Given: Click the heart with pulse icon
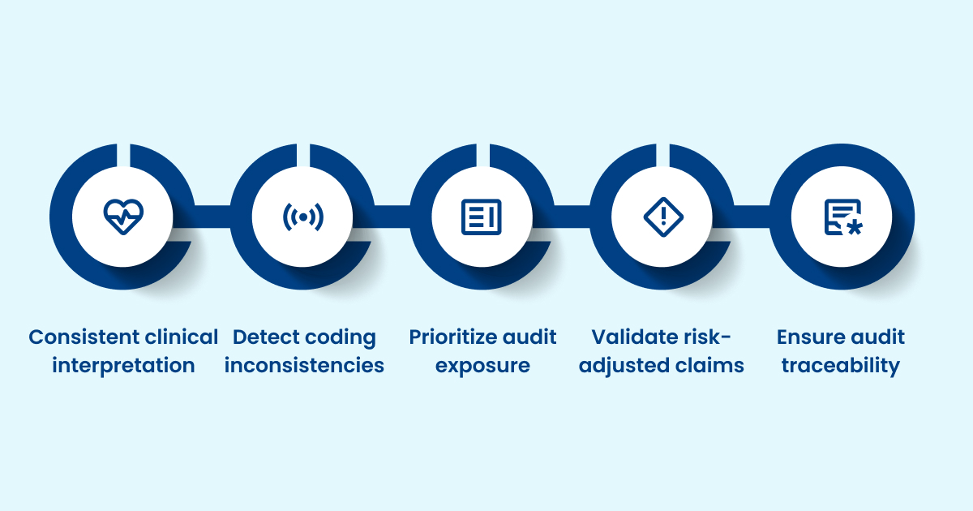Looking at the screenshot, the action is (x=122, y=217).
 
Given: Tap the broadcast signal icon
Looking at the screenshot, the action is (x=302, y=217).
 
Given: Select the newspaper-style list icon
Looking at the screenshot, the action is (x=482, y=217).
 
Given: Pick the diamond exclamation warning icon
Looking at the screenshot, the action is (x=662, y=217).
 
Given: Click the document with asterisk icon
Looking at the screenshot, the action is (x=842, y=217).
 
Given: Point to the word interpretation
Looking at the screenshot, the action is (x=123, y=366).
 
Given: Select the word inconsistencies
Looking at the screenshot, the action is (x=304, y=366).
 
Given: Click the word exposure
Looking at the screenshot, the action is (x=482, y=366).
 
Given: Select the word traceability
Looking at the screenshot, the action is (x=841, y=366).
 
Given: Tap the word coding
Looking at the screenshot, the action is (x=341, y=337).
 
